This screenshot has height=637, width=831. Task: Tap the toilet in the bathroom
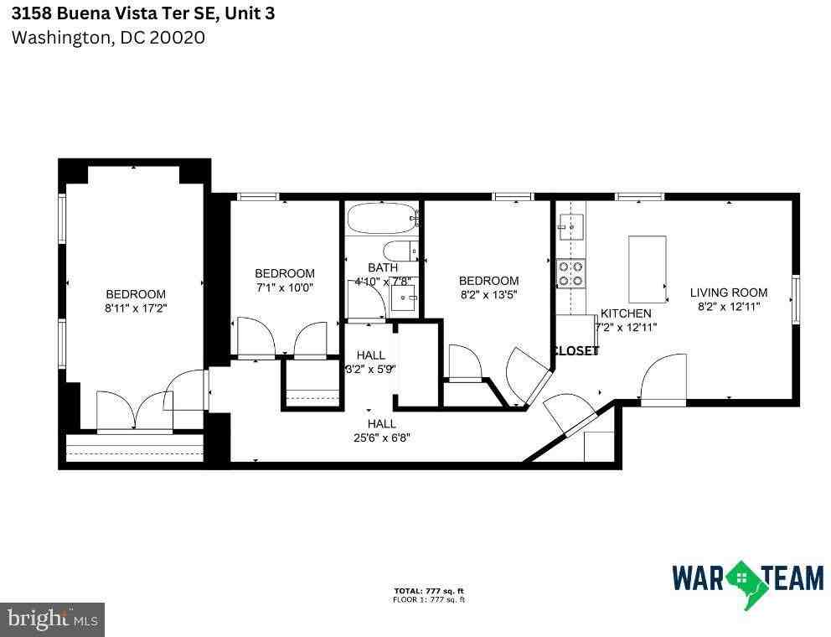(398, 250)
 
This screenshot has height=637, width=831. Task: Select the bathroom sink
(405, 298)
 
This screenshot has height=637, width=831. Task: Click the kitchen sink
(572, 225)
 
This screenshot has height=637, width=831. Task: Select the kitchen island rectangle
(648, 269)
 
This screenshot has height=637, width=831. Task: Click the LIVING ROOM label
(728, 293)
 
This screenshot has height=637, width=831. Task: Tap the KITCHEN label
(626, 313)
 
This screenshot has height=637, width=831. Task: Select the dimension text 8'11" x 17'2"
(136, 308)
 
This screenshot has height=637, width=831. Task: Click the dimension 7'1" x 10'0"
(285, 287)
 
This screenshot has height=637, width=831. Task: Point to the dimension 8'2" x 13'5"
(488, 295)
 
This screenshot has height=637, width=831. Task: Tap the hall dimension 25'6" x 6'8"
(381, 437)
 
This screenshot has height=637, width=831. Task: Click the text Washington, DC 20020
(108, 38)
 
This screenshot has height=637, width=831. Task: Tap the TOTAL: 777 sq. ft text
(430, 591)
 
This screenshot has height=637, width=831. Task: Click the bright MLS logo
(52, 619)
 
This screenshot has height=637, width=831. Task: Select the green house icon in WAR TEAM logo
(741, 577)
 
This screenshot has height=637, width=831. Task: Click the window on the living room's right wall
(795, 299)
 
